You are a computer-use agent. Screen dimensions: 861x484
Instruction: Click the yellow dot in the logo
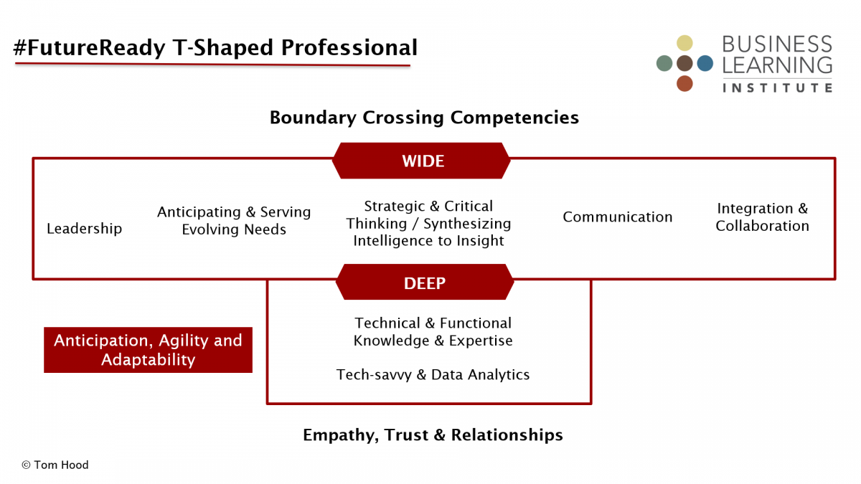click(684, 43)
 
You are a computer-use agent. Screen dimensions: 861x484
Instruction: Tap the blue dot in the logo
click(705, 63)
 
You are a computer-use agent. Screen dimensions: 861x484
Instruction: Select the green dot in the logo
click(664, 63)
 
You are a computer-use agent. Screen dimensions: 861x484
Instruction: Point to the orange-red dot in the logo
click(684, 84)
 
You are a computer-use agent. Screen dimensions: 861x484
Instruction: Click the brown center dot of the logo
click(684, 63)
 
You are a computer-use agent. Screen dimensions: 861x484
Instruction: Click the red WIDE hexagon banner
click(421, 161)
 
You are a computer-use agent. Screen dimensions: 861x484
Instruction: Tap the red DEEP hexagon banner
click(424, 282)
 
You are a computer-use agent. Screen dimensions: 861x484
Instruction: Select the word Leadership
click(84, 229)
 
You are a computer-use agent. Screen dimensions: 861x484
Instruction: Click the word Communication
click(617, 217)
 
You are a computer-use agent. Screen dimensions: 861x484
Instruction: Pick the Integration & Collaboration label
click(762, 217)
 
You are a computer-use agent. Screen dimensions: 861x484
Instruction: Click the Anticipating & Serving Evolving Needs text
click(234, 221)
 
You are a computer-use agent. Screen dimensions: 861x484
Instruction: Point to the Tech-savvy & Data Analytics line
click(433, 374)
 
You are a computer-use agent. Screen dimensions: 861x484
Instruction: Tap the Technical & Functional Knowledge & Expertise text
click(433, 332)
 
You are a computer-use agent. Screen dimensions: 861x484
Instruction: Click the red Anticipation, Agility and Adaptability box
click(148, 350)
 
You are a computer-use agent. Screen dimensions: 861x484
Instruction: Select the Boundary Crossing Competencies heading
click(424, 118)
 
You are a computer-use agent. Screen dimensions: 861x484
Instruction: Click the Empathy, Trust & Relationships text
click(433, 435)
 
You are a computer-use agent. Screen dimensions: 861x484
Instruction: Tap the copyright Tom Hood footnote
click(55, 465)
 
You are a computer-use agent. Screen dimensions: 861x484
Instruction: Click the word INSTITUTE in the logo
click(777, 88)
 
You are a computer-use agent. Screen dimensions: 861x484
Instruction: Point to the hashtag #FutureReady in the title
click(89, 47)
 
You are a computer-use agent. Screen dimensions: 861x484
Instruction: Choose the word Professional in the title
click(349, 47)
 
